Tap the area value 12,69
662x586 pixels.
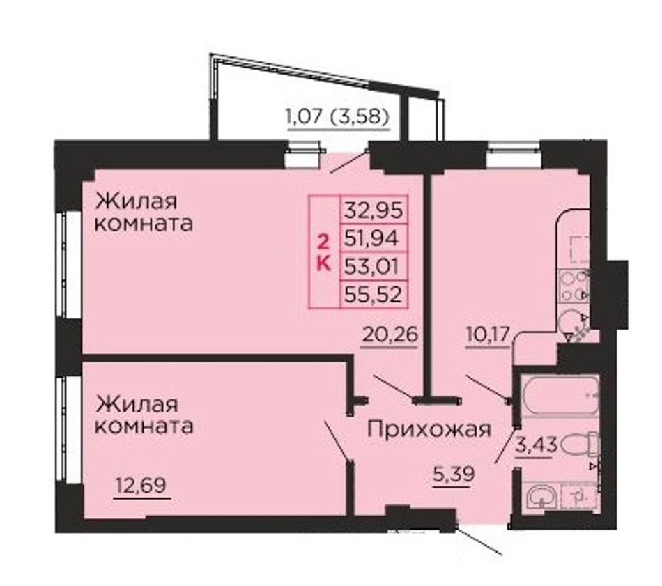pos(141,485)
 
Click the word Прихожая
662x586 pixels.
pos(429,430)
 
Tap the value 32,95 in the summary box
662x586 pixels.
pos(374,210)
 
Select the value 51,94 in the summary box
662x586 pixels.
pos(371,239)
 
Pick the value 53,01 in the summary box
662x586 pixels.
pos(371,266)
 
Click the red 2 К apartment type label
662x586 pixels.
pos(324,252)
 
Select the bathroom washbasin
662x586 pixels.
pos(542,498)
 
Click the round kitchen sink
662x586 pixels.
pos(572,323)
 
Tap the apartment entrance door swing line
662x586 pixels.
pos(479,539)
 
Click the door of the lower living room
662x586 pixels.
pos(337,442)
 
